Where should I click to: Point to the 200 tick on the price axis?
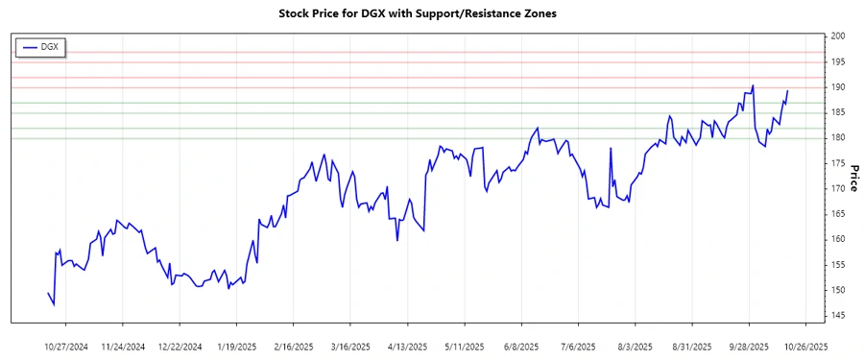838,36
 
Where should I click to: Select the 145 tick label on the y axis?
838,316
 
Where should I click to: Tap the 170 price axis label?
838,189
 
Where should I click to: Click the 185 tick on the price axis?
838,112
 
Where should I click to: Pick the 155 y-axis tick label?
838,265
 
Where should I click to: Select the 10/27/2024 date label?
67,346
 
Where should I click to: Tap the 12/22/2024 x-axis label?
180,346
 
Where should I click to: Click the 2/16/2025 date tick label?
294,346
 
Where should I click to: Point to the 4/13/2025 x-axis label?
407,346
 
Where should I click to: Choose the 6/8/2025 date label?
520,346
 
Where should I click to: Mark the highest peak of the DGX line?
754,85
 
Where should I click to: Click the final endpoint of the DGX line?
787,91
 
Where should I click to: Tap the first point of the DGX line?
48,293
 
